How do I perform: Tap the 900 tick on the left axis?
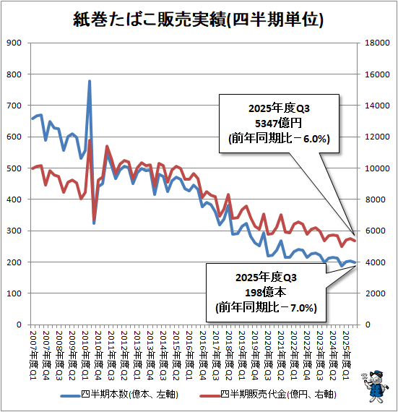14,43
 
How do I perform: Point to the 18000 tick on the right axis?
377,43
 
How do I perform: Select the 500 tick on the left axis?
14,168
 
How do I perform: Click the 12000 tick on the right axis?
377,137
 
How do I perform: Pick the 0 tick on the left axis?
19,325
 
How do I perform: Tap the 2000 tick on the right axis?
376,293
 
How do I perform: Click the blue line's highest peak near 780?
90,81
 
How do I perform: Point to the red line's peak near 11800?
90,140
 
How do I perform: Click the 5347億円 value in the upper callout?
279,123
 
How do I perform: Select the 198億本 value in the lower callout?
265,292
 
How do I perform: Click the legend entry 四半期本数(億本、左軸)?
119,395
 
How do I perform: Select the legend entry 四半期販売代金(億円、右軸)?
268,395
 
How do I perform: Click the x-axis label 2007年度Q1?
33,355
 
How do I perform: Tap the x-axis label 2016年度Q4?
203,355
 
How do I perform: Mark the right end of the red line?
355,241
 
